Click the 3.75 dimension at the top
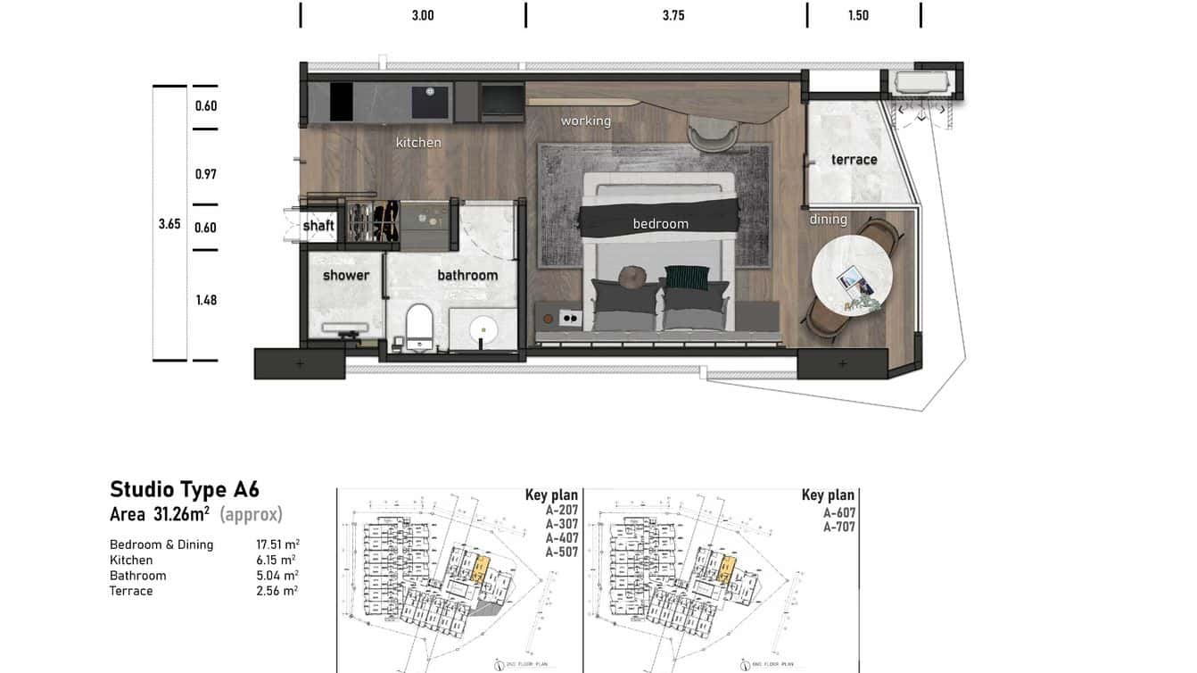673,15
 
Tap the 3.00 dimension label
423,15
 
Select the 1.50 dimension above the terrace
858,15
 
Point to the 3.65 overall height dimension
169,224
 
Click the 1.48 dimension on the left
206,300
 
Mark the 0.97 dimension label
206,174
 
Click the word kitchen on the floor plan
418,142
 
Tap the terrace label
854,160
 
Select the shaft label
318,226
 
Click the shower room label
346,275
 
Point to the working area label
585,120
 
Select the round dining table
852,275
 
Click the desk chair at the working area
713,134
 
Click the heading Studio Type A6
185,489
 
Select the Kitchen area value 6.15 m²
277,561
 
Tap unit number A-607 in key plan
839,513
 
